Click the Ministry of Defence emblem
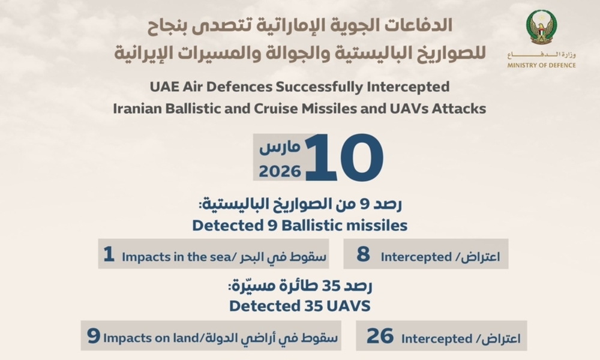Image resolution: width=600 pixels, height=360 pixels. point(541,28)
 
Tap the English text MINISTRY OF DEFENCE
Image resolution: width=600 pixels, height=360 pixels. point(541,65)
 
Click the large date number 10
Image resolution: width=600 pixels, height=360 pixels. point(344,157)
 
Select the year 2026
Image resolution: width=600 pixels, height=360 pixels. point(280,171)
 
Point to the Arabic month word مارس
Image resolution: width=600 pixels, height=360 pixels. point(280,147)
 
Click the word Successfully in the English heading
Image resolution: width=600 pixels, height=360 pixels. point(319,87)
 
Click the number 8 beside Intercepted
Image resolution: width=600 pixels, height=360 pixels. point(363,254)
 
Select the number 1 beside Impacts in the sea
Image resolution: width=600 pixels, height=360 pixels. point(109,254)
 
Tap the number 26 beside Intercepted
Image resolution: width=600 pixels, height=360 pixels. point(380,336)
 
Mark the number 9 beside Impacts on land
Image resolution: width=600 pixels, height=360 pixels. point(94,336)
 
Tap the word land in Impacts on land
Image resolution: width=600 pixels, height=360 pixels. point(188,338)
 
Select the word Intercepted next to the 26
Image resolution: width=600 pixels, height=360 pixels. point(437,339)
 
